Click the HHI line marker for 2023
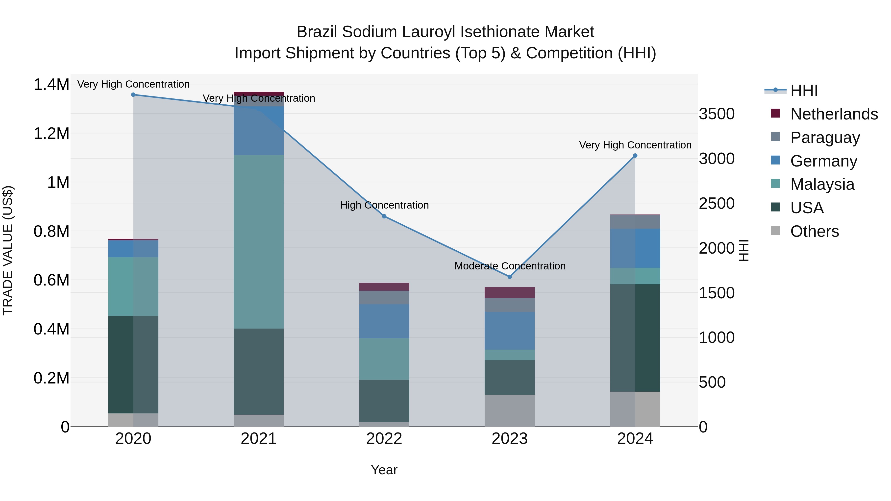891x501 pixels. tap(510, 277)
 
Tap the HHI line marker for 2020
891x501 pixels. tap(133, 95)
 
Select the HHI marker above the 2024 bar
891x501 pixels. tap(635, 156)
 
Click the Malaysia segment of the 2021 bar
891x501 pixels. tap(259, 242)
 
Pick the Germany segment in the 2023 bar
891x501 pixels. tap(510, 331)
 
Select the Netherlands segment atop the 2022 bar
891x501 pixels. tap(384, 287)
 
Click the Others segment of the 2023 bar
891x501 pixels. tap(510, 411)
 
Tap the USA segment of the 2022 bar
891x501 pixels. tap(384, 401)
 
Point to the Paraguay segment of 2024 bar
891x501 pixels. tap(635, 222)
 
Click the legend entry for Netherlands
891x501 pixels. tap(834, 114)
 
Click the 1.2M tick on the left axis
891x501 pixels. tap(51, 133)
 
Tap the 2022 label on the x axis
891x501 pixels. tap(384, 439)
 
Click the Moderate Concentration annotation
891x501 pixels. tap(510, 266)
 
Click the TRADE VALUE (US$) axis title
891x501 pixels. tap(8, 250)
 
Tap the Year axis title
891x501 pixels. tap(384, 470)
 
